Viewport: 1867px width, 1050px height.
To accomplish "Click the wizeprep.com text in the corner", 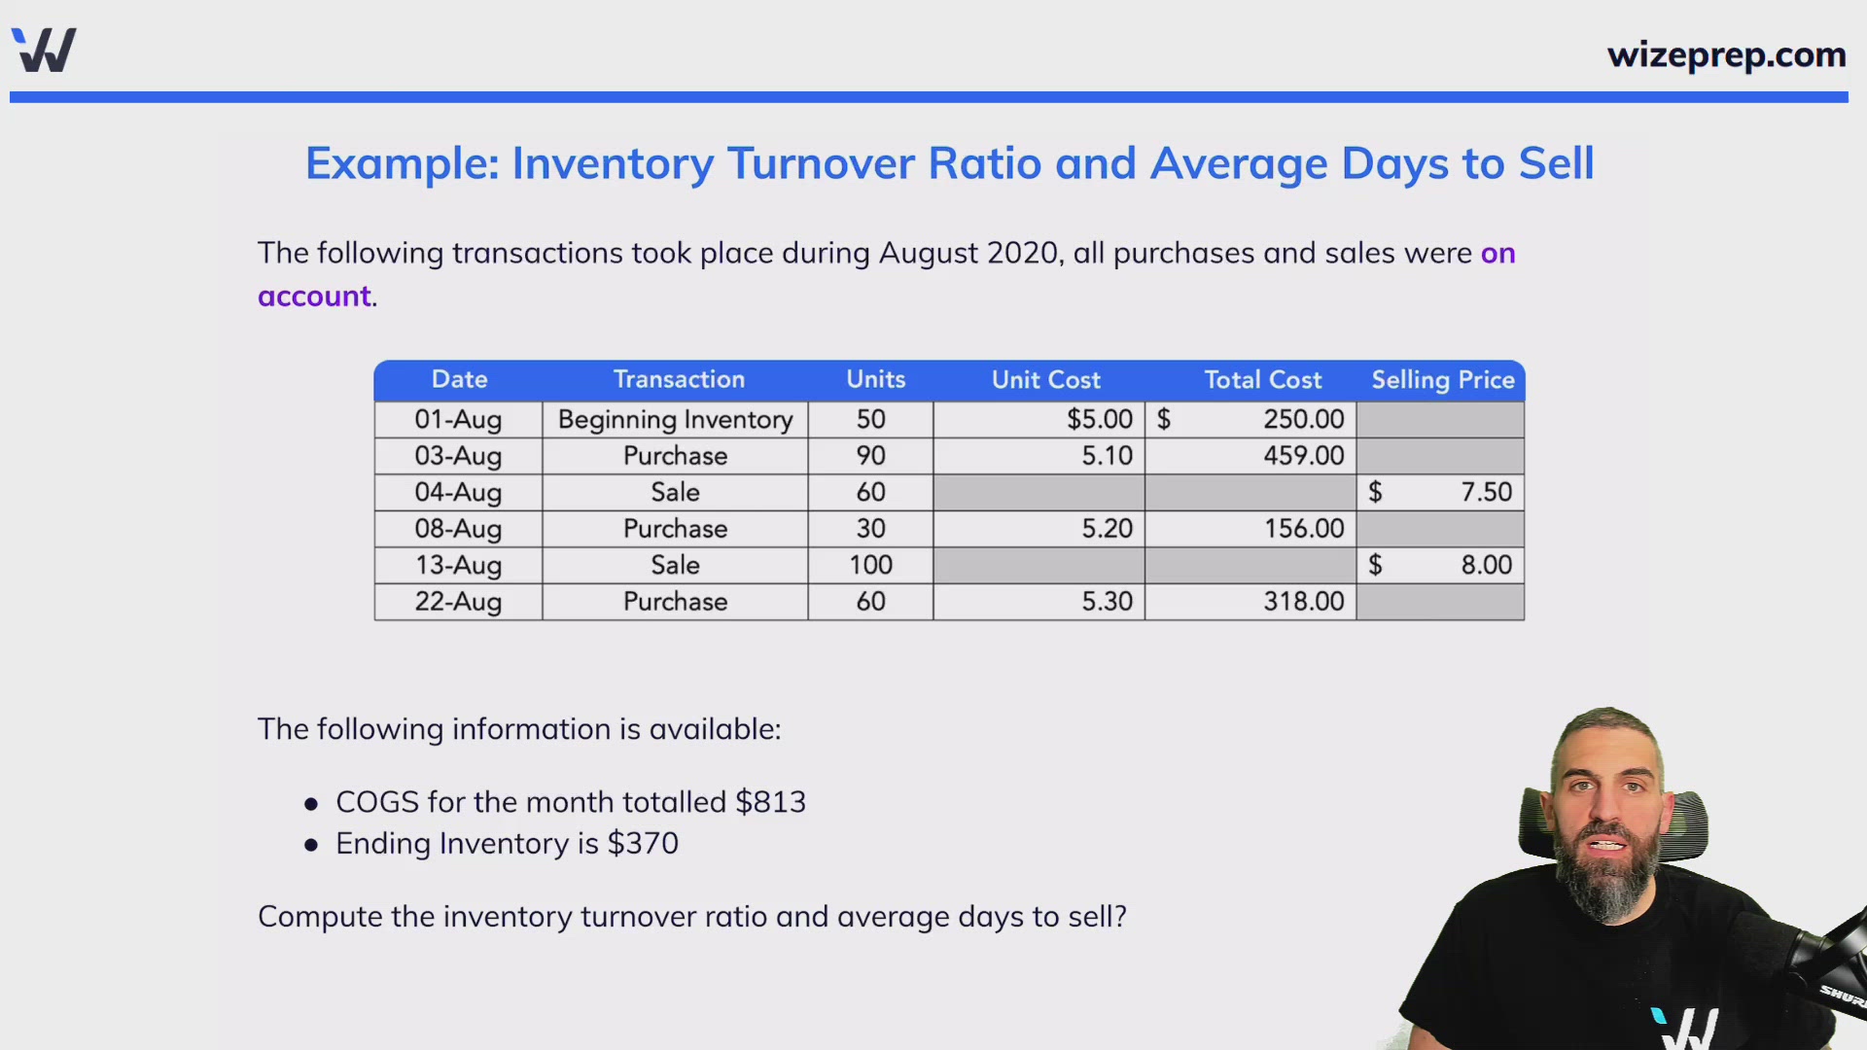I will click(1726, 55).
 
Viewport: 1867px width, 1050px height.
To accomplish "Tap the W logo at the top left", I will click(45, 50).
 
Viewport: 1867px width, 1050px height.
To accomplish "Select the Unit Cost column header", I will click(1045, 380).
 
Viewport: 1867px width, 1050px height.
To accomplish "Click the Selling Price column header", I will click(1442, 380).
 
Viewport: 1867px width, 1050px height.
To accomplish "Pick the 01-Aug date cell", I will click(458, 420).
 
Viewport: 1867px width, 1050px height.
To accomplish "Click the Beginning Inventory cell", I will click(675, 420).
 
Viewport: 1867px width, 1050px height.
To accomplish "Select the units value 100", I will click(870, 565).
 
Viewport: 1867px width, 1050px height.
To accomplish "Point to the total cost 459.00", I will click(1303, 456).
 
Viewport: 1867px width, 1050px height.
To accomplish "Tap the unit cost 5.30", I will click(1107, 602).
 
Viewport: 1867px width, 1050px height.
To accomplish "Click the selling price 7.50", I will click(1486, 492).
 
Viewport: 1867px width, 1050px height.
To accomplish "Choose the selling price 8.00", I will click(1486, 565).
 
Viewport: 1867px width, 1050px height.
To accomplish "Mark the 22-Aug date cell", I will click(458, 602).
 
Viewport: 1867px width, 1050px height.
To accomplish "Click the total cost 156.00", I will click(1303, 529).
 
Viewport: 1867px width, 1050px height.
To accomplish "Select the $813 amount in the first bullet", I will click(770, 802).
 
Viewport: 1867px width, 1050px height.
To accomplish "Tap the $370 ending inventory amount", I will click(643, 844).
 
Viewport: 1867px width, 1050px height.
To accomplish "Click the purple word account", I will click(314, 297).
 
